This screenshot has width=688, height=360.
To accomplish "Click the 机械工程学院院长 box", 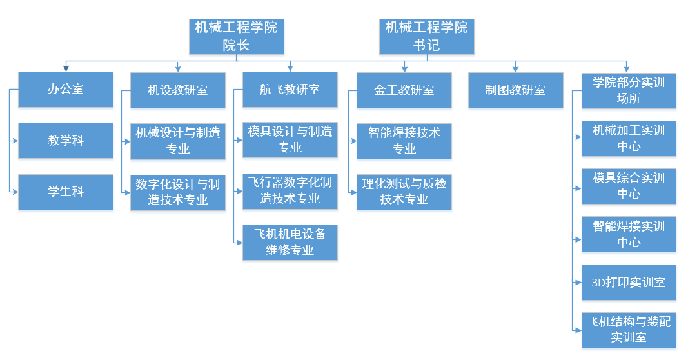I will pos(236,36).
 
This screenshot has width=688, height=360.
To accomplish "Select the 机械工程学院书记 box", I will pos(426,36).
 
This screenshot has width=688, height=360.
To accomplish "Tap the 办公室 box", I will pos(66,89).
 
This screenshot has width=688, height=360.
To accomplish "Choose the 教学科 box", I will pos(66,140).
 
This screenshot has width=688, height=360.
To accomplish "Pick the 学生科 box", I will pos(66,192).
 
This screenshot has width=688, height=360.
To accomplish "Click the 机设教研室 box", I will pos(178,90).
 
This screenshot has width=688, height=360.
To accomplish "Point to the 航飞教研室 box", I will pos(290,90).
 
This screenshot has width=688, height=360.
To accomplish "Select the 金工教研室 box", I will pos(404,90).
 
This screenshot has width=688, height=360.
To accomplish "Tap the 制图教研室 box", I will pos(515,90).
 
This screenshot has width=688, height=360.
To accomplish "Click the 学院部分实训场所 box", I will pos(629,90).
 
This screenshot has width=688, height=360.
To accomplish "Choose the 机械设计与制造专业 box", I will pos(178,141).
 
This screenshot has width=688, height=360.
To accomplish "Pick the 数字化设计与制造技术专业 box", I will pos(178,192).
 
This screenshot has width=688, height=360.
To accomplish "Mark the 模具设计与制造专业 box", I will pos(290,139).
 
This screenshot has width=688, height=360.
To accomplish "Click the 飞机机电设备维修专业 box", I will pos(290,242).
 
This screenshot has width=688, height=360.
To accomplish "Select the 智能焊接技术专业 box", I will pos(404,141).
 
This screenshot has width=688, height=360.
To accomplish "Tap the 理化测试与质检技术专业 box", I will pos(404,192).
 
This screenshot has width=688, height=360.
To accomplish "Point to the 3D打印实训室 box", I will pos(629,283).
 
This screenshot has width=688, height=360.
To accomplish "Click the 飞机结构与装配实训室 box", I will pos(629,330).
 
